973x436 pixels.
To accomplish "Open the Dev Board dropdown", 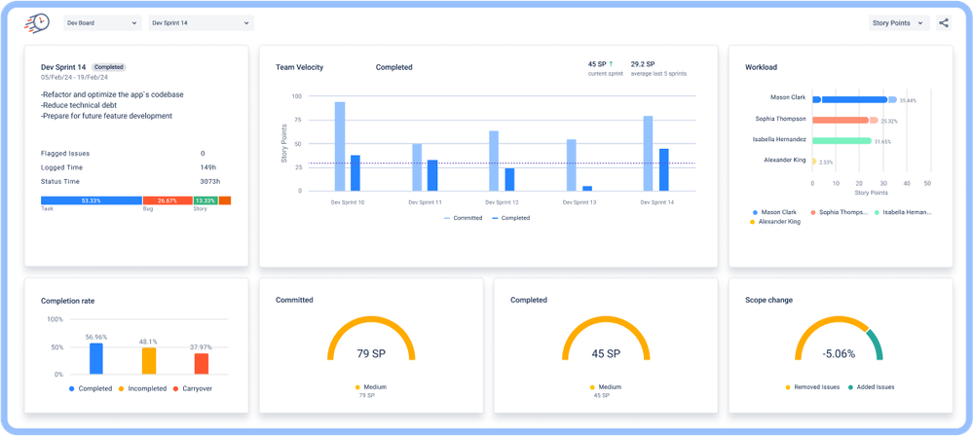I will [101, 22].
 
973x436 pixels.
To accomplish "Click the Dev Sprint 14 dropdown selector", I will [200, 22].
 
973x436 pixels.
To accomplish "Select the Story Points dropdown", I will [899, 22].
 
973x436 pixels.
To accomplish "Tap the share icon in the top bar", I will [943, 22].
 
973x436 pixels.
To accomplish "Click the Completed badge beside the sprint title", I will [109, 67].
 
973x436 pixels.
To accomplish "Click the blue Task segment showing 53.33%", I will [92, 200].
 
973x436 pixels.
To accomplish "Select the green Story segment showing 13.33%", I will [205, 200].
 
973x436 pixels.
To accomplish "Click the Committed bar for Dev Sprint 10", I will [340, 146].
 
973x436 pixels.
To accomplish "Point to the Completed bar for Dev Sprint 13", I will [587, 188].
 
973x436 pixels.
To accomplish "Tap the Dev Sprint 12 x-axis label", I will [503, 202].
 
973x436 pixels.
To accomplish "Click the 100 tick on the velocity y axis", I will [296, 96].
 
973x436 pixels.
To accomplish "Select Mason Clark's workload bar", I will [849, 99].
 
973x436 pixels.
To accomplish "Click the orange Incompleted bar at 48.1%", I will [149, 361].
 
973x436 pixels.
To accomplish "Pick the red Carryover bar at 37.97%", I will [202, 364].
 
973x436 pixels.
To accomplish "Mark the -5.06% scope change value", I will [840, 352].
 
